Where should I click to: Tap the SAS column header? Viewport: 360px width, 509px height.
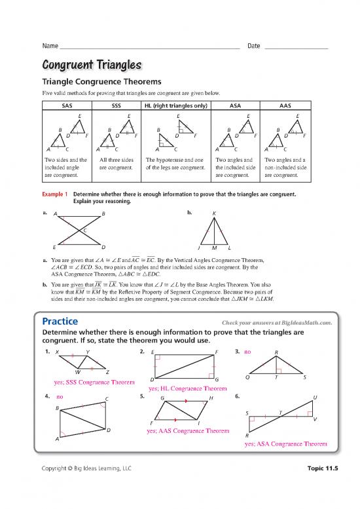tap(67, 105)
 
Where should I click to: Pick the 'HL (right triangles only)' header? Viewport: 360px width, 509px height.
tap(176, 105)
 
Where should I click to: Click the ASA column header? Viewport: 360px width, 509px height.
tap(237, 105)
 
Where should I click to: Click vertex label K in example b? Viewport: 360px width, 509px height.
tap(214, 213)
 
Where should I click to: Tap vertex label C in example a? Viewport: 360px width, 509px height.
tap(84, 230)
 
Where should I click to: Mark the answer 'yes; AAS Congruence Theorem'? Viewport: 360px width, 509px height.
tap(189, 431)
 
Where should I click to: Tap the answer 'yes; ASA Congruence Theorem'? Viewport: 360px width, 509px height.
tap(285, 443)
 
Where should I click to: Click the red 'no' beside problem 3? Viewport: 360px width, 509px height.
tap(247, 351)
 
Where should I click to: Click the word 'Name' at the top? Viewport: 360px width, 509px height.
tap(50, 46)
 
